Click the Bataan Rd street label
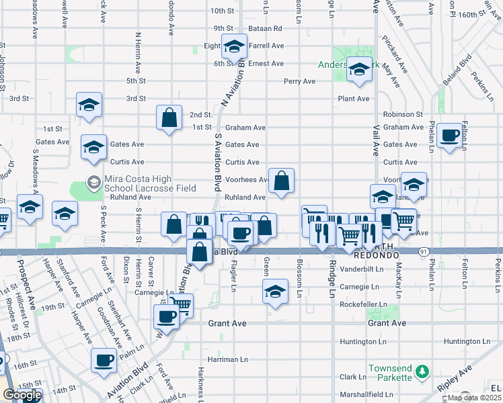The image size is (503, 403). click(268, 28)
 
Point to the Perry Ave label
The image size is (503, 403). click(299, 81)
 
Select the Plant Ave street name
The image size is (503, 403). click(354, 99)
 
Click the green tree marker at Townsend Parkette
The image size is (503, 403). click(422, 371)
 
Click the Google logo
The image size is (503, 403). click(22, 396)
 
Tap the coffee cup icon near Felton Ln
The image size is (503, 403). click(450, 136)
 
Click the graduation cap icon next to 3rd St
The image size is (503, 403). click(89, 105)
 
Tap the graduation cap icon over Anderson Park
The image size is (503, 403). click(360, 69)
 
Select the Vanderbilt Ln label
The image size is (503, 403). click(362, 269)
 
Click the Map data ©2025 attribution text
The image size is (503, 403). click(474, 398)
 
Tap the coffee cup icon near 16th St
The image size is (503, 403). click(104, 360)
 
